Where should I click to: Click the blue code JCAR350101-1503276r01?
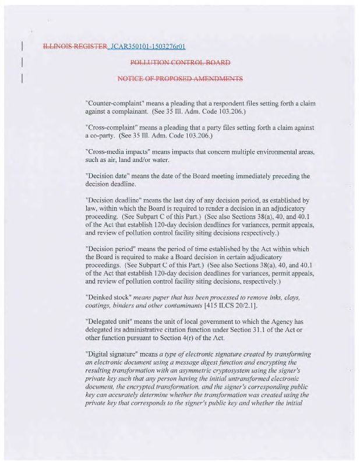point(148,47)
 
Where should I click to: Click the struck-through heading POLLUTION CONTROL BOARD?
point(180,62)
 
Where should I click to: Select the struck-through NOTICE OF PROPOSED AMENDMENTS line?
point(180,78)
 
